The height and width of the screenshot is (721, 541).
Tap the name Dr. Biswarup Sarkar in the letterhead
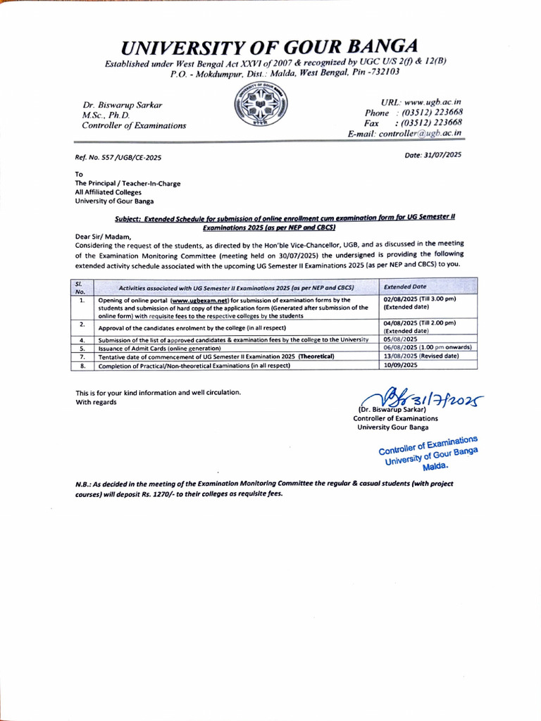[122, 105]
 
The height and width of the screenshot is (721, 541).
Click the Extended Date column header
[405, 287]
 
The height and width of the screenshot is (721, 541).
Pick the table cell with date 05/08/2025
[399, 339]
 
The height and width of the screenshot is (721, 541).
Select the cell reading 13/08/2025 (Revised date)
[421, 356]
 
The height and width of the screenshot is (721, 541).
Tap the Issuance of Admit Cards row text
[159, 348]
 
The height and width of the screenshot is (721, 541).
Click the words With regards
[97, 402]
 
